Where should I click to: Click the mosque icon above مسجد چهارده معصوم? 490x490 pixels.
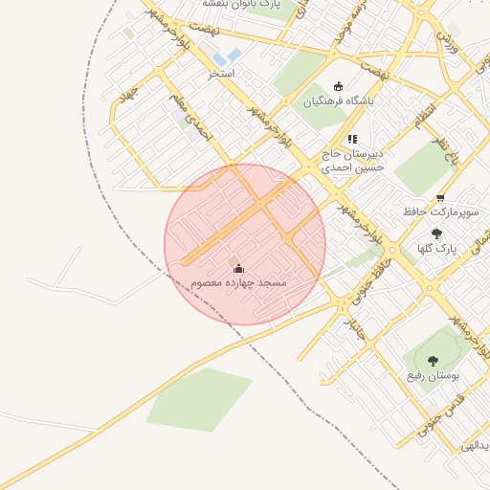click(238, 268)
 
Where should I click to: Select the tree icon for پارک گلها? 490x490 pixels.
click(437, 234)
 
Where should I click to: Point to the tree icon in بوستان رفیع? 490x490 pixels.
click(433, 361)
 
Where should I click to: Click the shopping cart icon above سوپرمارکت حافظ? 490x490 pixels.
click(439, 198)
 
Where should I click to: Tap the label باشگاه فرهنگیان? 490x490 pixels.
click(339, 100)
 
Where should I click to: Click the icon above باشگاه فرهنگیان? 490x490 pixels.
click(338, 86)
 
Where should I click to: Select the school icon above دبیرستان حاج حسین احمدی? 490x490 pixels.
click(351, 140)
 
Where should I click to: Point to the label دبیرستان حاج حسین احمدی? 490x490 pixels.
click(351, 160)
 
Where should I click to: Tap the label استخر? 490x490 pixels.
click(221, 74)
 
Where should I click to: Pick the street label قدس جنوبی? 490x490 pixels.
click(439, 416)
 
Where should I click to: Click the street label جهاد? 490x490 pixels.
click(125, 97)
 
